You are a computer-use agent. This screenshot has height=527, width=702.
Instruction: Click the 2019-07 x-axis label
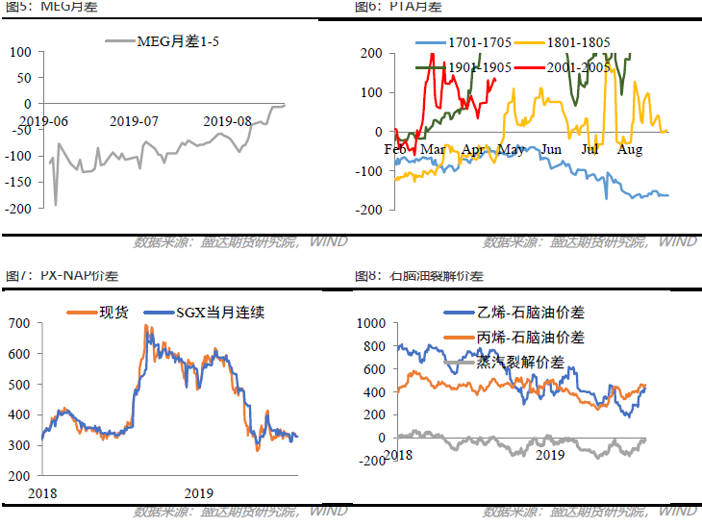[x=134, y=121]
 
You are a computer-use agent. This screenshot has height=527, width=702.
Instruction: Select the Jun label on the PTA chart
[x=551, y=149]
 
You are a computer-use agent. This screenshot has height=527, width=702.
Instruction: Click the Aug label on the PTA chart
[x=630, y=149]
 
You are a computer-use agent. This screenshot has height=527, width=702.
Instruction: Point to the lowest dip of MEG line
[x=55, y=204]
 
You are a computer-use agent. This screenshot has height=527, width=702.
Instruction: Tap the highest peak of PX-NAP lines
[x=145, y=326]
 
